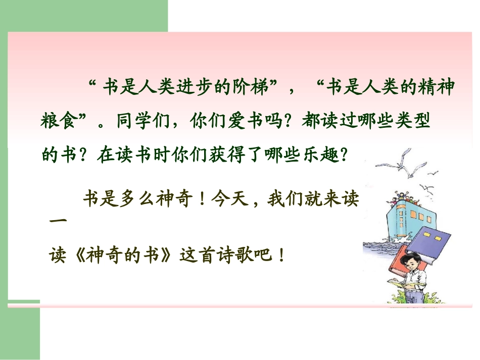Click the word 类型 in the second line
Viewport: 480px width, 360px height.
pyautogui.click(x=415, y=122)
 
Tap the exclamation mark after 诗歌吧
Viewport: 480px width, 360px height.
pyautogui.click(x=281, y=254)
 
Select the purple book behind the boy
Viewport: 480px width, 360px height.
pyautogui.click(x=432, y=245)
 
